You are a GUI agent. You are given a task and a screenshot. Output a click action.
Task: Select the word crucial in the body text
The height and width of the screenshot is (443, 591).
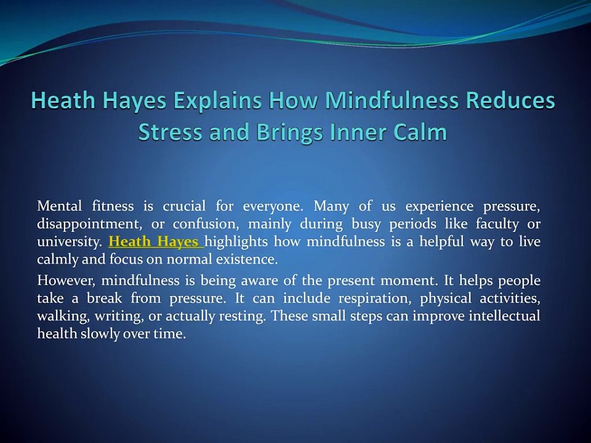coord(184,206)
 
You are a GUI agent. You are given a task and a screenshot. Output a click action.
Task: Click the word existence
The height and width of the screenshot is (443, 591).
coord(246,259)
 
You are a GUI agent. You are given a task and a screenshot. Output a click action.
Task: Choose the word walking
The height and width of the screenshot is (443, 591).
coord(61,317)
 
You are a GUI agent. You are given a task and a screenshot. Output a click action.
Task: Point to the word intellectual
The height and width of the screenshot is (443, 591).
coord(504,317)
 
